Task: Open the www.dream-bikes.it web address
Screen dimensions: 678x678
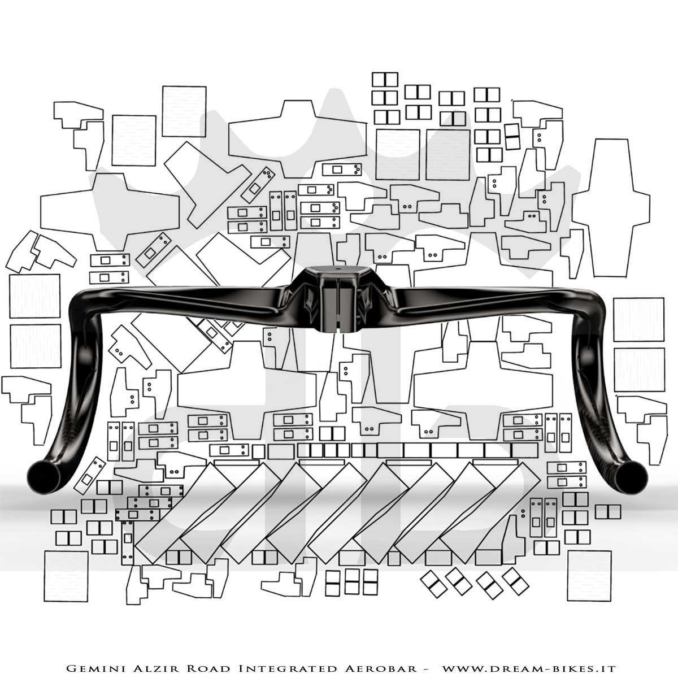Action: tap(529, 668)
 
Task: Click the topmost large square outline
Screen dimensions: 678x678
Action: tap(184, 111)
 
